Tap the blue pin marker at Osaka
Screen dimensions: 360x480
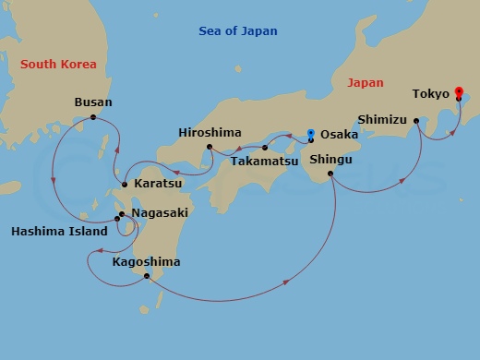pyautogui.click(x=311, y=134)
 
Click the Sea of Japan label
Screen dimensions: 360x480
pyautogui.click(x=238, y=31)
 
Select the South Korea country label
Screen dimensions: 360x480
pyautogui.click(x=58, y=64)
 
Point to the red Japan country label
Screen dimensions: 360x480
pyautogui.click(x=365, y=83)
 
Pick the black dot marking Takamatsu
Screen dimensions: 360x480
pyautogui.click(x=265, y=148)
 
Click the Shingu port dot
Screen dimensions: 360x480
pyautogui.click(x=330, y=173)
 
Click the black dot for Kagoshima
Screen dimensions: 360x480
pyautogui.click(x=146, y=276)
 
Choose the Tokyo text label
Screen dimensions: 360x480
pyautogui.click(x=431, y=94)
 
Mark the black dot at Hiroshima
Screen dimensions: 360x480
pyautogui.click(x=210, y=147)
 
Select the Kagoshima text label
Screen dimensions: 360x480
pyautogui.click(x=146, y=262)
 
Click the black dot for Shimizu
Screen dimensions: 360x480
pyautogui.click(x=416, y=120)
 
